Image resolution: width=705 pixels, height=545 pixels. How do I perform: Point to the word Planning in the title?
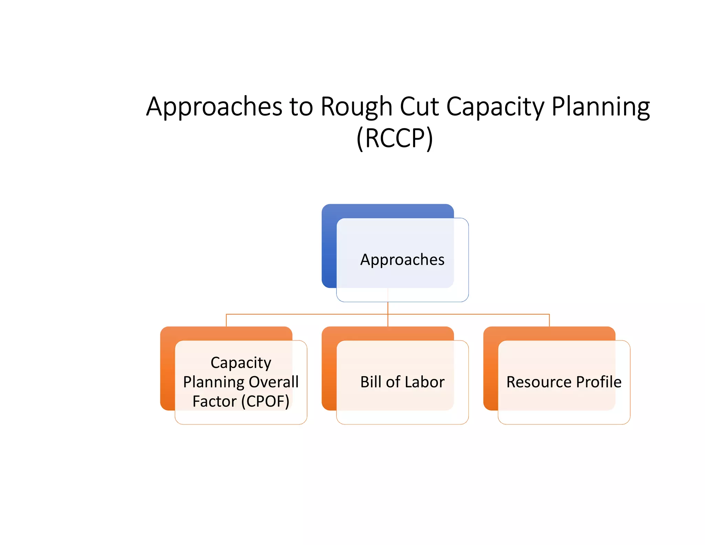[x=600, y=107]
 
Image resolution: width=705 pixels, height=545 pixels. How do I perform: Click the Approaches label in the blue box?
[x=402, y=260]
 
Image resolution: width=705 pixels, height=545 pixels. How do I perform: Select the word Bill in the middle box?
[x=371, y=382]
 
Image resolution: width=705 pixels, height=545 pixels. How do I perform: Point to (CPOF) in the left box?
[x=265, y=401]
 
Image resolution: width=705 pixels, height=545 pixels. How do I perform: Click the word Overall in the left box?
[x=274, y=382]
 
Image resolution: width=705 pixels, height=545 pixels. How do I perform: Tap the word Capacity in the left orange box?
[x=241, y=363]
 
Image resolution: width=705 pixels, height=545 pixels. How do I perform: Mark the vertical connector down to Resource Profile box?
[x=549, y=320]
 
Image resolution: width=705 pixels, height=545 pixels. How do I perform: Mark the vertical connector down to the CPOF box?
[x=226, y=320]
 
